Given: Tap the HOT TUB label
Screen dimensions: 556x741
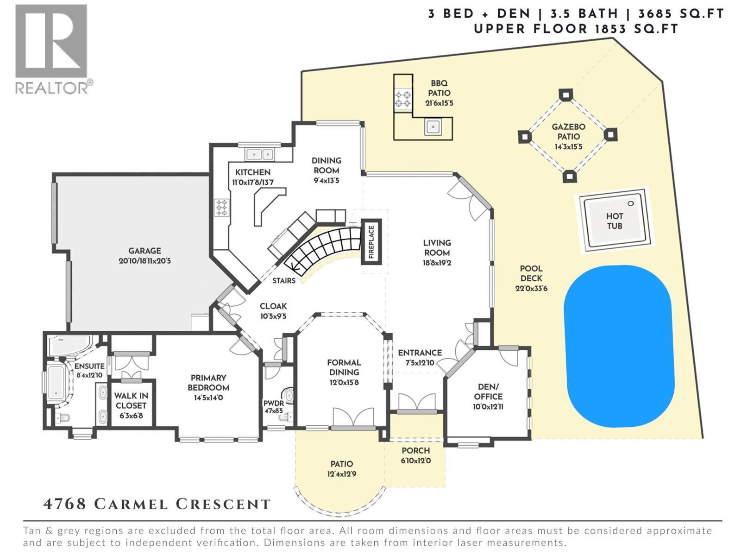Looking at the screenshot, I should pos(614,221).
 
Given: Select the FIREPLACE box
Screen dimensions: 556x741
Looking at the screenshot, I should pos(371,242).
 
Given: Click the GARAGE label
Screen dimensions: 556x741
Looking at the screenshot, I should pos(145,251).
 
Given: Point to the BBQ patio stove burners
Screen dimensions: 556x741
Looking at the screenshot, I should pos(402,99).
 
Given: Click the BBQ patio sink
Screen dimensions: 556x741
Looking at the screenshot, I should pos(433,126).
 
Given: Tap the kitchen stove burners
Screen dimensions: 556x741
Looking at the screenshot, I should pos(221,207).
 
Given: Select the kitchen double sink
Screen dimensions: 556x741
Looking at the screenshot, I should pos(259,154).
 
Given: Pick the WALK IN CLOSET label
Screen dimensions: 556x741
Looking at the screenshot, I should pos(131,400).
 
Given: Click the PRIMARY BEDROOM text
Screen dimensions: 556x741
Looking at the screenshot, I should pos(208,383).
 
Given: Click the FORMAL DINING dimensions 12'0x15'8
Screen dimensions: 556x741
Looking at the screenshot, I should pos(344,383).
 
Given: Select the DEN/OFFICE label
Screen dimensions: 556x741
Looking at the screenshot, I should pos(488,392).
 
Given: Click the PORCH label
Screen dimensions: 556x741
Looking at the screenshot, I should pos(415,450).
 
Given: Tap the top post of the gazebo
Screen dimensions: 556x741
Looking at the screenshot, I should pos(565,94).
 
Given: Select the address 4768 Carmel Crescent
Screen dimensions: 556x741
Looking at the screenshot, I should pos(157,504).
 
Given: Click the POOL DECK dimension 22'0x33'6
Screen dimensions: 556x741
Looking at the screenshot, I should pos(531,288).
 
